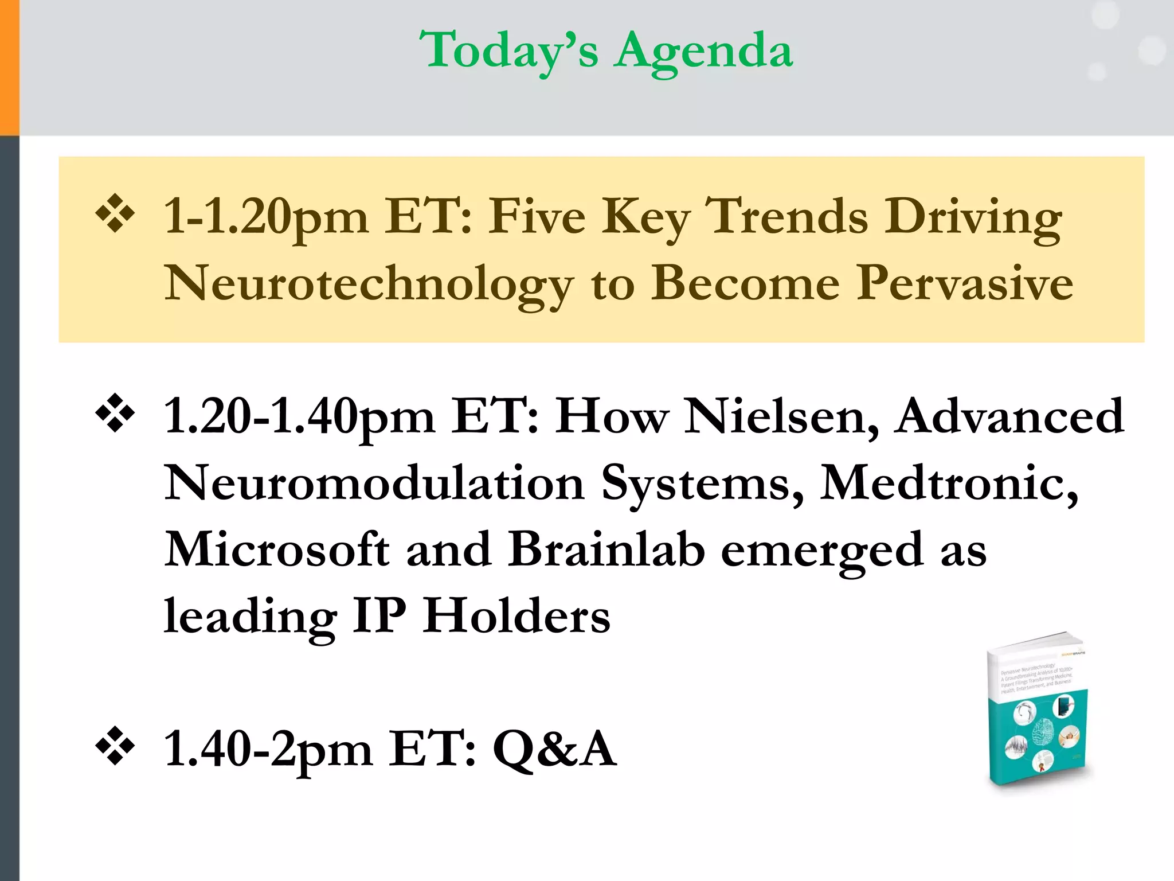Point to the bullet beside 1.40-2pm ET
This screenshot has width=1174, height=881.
(115, 747)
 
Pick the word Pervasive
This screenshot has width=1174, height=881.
(965, 283)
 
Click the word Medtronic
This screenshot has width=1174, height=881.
(949, 483)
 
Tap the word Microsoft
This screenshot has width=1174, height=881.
(277, 549)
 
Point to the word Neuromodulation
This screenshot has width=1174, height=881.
(374, 483)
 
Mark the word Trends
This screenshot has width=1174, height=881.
(786, 217)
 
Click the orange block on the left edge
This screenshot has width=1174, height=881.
(9, 68)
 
